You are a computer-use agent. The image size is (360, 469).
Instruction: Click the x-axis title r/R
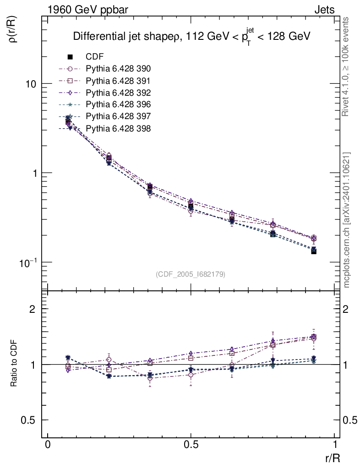point(333,457)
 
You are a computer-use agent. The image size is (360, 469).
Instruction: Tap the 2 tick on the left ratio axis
point(33,309)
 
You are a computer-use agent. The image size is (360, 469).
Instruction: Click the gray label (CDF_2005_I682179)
point(191,274)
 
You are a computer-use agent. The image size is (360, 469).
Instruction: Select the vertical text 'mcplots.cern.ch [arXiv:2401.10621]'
point(347,220)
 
